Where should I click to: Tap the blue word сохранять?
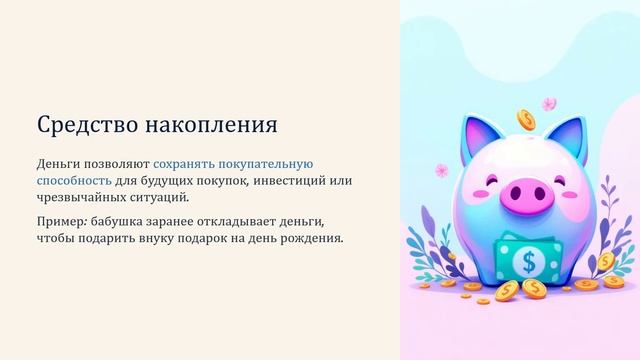coord(185,163)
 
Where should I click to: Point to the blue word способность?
coord(74,180)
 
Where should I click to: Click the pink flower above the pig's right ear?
coord(549,103)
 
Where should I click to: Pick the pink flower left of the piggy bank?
coord(441,170)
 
